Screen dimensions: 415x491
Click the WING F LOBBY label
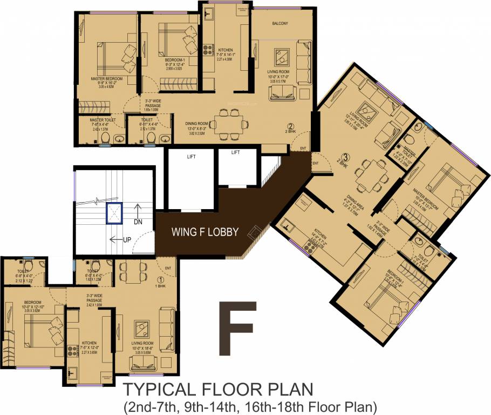coord(204,233)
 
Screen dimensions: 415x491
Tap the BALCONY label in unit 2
coord(279,23)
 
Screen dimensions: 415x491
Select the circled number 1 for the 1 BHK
coord(160,279)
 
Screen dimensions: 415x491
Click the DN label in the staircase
coord(138,222)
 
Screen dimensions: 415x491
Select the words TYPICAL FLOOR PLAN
coord(218,389)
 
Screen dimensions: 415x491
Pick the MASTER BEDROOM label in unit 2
coord(106,79)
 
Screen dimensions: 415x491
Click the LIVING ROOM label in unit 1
coord(144,343)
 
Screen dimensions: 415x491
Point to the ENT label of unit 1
coord(168,267)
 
